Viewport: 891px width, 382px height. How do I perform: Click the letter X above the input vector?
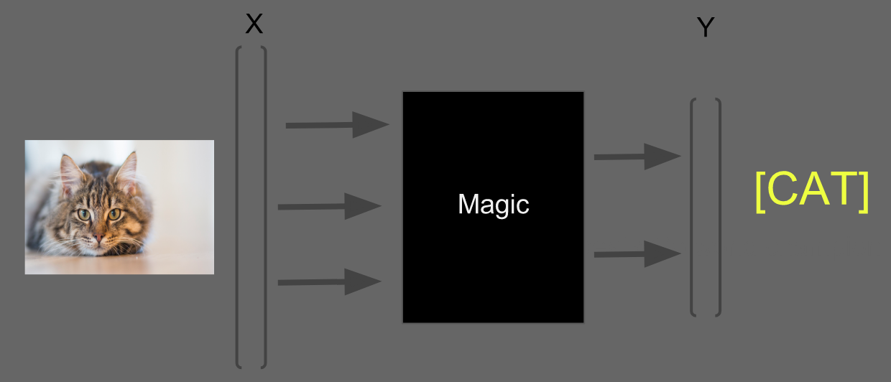(x=254, y=24)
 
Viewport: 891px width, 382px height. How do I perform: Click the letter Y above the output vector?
(x=706, y=28)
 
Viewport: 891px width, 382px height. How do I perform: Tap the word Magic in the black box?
(x=493, y=205)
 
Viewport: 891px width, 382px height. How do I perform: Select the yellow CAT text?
(x=812, y=192)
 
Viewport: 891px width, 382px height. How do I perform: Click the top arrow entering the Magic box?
(x=337, y=125)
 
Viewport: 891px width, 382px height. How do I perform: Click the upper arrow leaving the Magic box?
(x=637, y=157)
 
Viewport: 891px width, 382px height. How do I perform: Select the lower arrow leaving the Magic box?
(x=637, y=253)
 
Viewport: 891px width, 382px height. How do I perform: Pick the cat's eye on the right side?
(x=114, y=213)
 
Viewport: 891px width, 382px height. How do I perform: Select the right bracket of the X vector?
(x=265, y=207)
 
